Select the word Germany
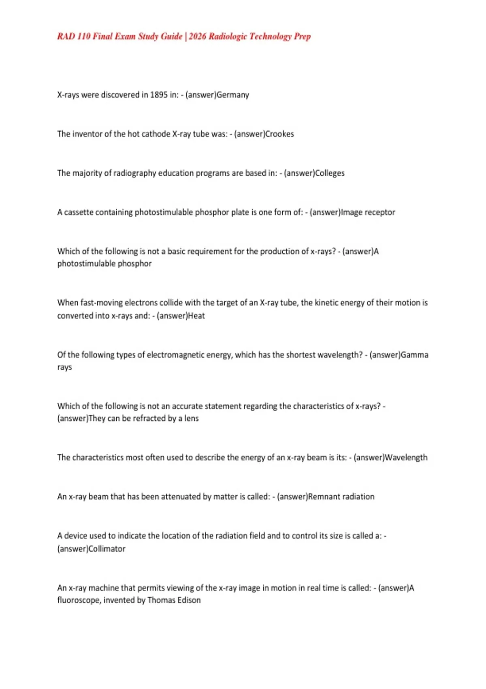[233, 95]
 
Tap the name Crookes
[279, 134]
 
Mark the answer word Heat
[196, 316]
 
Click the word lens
[192, 418]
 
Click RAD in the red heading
[66, 36]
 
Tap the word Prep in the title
[302, 36]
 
